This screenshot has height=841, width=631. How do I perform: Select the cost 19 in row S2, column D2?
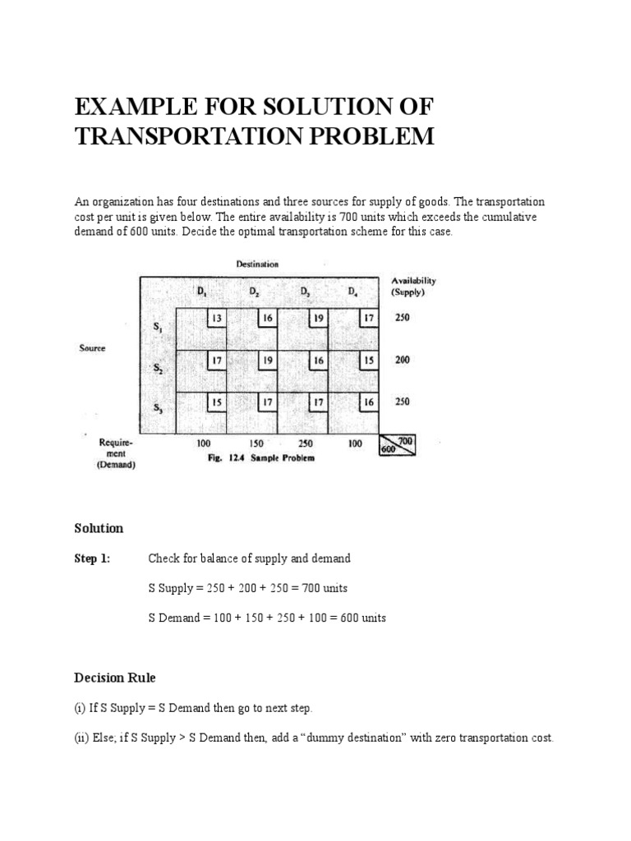[x=268, y=360]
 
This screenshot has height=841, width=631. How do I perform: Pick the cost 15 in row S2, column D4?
[x=369, y=360]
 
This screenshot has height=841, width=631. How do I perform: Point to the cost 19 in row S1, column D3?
[x=318, y=318]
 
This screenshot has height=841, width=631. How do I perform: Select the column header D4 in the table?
[x=352, y=292]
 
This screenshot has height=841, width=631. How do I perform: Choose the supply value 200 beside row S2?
[x=403, y=360]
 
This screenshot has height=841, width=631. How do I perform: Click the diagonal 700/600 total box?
[x=398, y=444]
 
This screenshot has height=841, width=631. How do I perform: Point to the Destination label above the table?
[x=257, y=264]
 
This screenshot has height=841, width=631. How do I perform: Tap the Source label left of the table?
[x=92, y=348]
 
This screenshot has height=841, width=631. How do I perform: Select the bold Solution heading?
[x=99, y=528]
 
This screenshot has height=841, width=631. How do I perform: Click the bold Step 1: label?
[x=92, y=558]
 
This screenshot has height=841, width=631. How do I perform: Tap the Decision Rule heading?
[x=114, y=678]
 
